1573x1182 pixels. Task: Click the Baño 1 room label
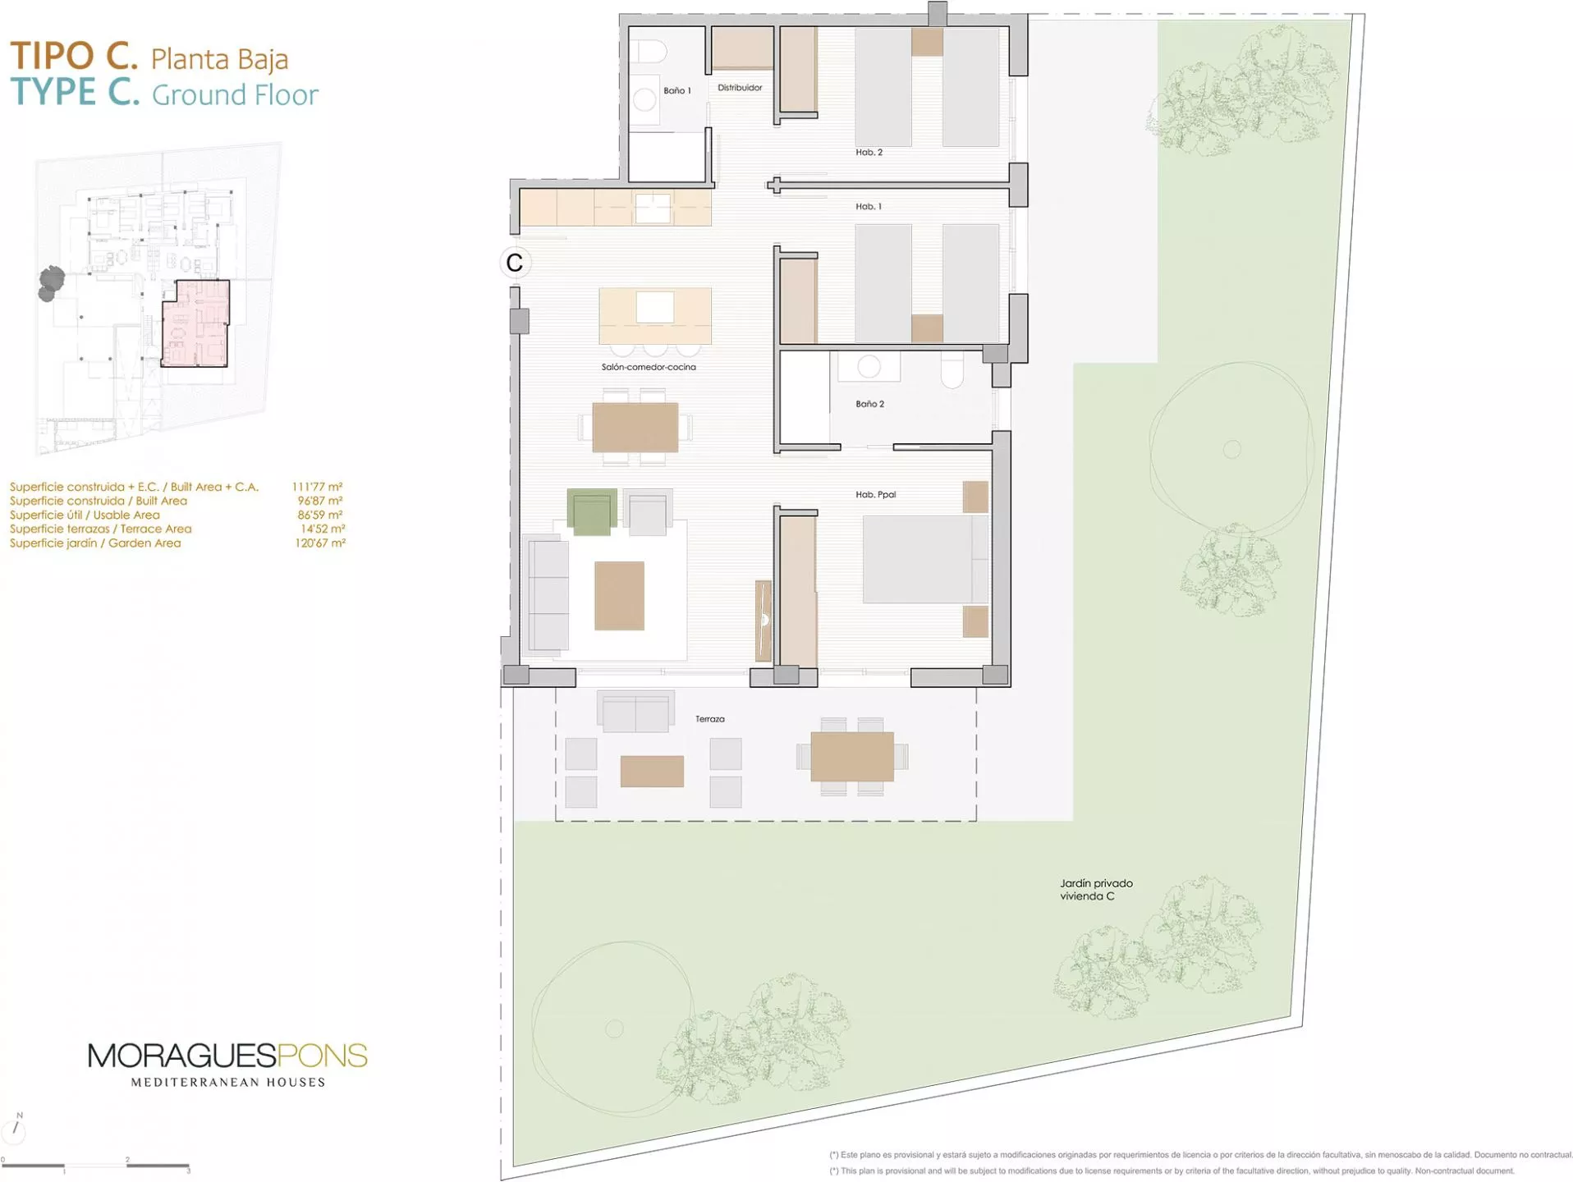676,90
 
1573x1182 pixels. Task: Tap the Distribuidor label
739,87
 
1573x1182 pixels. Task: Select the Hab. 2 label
869,152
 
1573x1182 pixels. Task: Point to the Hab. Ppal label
875,494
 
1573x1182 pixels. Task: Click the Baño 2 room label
869,404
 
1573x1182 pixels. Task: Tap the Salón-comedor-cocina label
649,367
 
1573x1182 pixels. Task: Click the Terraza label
709,719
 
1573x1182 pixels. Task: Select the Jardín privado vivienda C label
1096,890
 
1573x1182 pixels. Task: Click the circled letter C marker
515,263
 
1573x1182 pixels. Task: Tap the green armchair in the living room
592,512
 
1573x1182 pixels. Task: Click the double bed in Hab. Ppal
925,560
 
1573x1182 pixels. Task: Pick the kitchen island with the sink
655,315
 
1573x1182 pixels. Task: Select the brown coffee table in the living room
619,596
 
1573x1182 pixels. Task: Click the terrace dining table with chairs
852,757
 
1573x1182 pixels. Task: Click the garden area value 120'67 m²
320,543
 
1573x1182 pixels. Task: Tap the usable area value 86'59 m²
320,515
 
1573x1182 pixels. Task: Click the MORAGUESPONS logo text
227,1056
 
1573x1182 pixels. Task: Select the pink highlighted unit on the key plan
195,323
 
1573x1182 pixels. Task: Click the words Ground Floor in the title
235,95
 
